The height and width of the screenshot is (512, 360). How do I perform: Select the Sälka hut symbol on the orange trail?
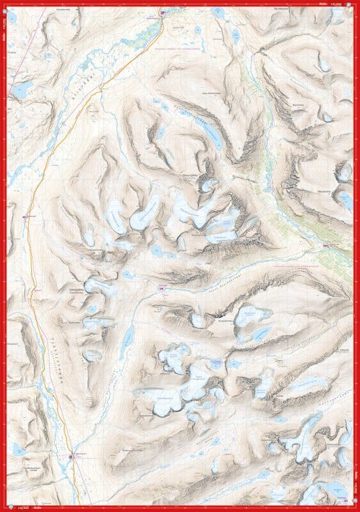tap(70, 456)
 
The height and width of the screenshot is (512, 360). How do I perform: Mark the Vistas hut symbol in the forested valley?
tap(326, 246)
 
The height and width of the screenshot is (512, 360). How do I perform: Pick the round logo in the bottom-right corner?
tap(355, 508)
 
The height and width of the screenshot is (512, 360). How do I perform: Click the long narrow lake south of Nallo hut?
tap(127, 333)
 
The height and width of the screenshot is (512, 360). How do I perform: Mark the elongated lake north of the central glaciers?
tap(211, 131)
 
